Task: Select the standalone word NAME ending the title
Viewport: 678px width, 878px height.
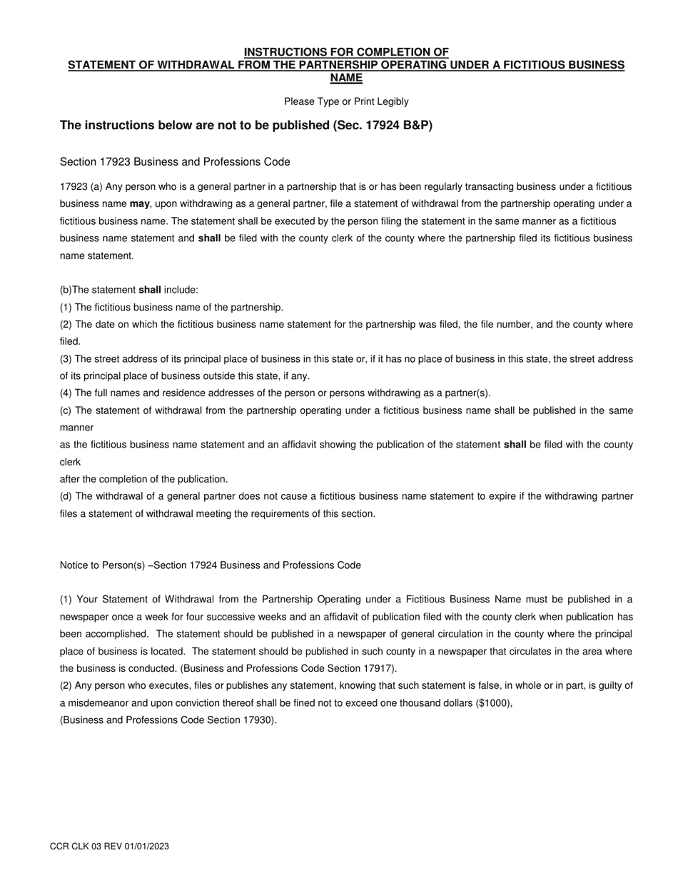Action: coord(346,78)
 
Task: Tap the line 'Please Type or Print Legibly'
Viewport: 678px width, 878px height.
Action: coord(346,101)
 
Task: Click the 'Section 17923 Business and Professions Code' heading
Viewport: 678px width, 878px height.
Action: coord(175,162)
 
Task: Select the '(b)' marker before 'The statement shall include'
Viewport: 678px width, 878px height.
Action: coord(66,291)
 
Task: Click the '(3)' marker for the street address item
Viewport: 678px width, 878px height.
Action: coord(66,359)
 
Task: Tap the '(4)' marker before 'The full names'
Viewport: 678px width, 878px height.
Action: coord(66,393)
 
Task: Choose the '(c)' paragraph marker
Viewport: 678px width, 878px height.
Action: coord(66,410)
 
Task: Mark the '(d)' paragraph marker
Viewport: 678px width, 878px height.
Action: coord(66,496)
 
